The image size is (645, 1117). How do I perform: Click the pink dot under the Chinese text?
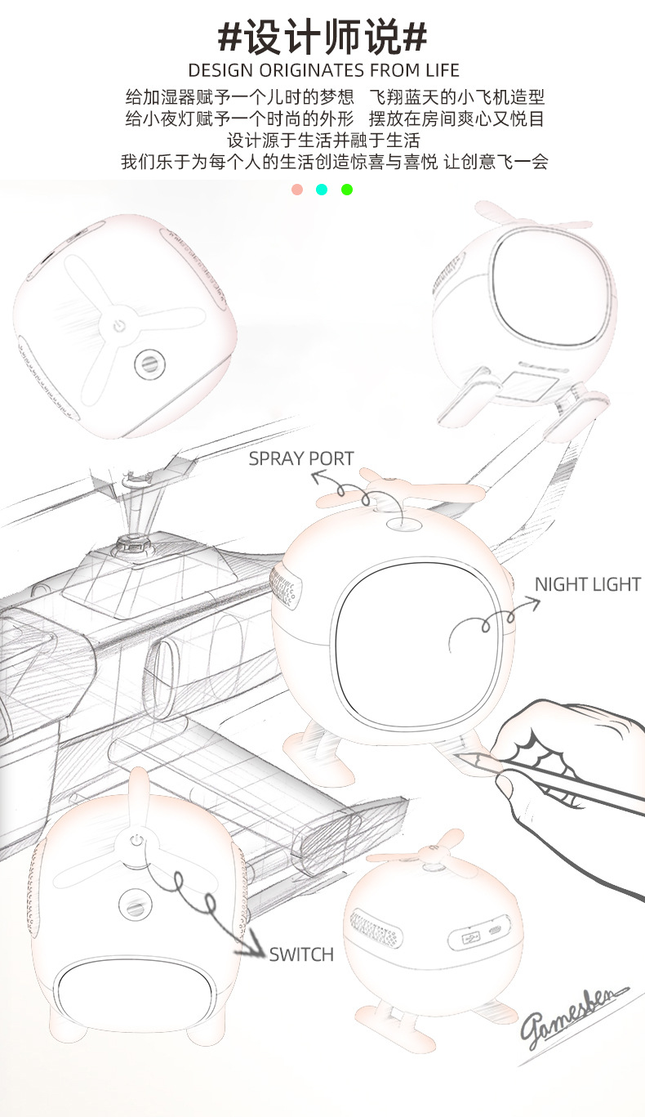click(x=297, y=190)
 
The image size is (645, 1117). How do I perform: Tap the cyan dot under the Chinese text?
click(x=322, y=190)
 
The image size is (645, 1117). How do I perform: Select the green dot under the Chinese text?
click(x=347, y=190)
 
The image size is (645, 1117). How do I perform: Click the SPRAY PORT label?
click(x=300, y=458)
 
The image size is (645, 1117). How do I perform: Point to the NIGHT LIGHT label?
click(x=587, y=584)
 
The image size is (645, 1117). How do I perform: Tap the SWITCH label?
click(x=301, y=954)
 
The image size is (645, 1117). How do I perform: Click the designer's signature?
click(x=573, y=1016)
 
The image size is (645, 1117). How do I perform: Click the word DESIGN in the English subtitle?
click(x=220, y=70)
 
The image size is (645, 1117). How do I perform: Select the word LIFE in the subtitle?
click(x=443, y=70)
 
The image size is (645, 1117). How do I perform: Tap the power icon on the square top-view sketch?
click(x=118, y=327)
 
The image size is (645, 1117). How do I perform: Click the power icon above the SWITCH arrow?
click(x=136, y=841)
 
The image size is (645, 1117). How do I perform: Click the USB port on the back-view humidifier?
click(x=470, y=939)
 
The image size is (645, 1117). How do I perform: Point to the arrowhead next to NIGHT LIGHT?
click(x=533, y=605)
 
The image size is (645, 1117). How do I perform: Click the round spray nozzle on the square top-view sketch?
click(x=149, y=364)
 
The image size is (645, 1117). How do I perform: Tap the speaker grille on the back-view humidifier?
click(x=376, y=930)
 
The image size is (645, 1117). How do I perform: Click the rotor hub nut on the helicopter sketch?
click(x=133, y=544)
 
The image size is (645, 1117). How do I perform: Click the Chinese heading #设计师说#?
click(x=322, y=37)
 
